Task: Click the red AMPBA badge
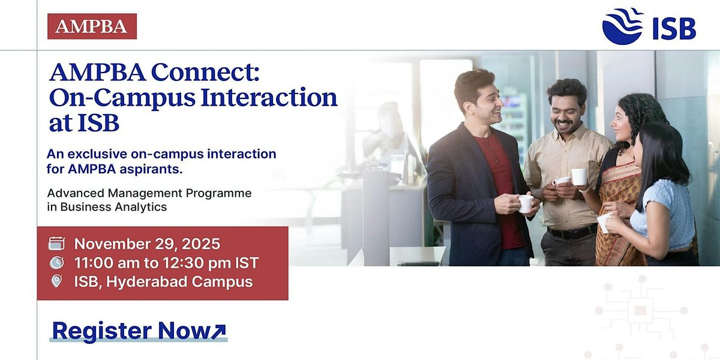(x=92, y=26)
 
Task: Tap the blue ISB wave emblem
(x=622, y=26)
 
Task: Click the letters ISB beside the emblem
(x=674, y=28)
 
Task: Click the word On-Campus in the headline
(x=122, y=97)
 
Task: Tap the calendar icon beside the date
(x=56, y=244)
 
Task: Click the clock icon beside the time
(x=56, y=263)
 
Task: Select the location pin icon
(x=56, y=281)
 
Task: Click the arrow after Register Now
(x=219, y=331)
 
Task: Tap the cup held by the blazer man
(x=526, y=203)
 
